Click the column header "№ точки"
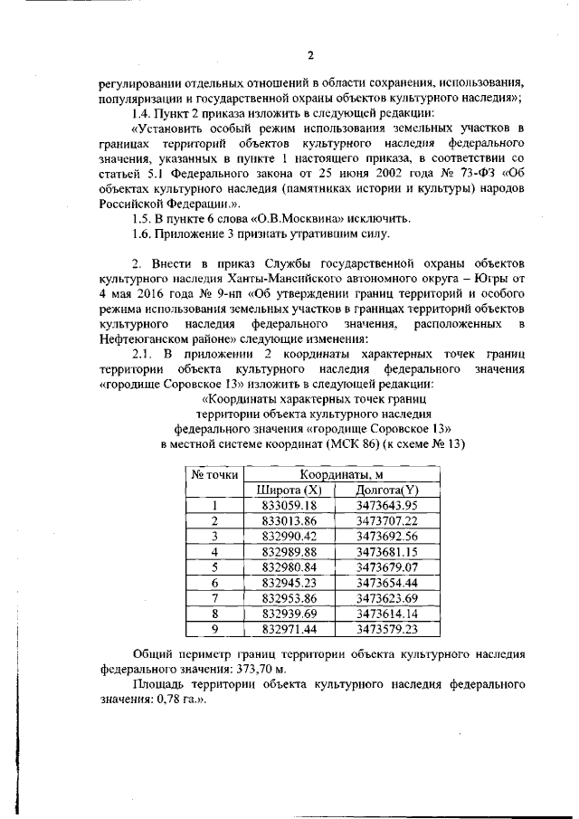tap(214, 473)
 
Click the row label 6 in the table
tap(214, 582)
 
